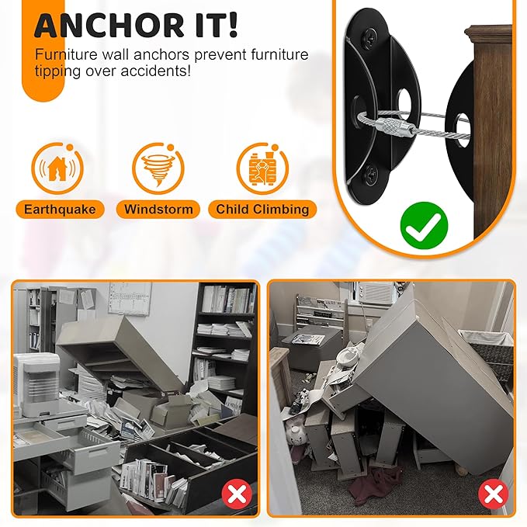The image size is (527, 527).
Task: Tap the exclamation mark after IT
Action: click(232, 25)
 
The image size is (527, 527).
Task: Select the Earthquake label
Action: click(61, 209)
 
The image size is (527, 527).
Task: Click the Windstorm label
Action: click(158, 209)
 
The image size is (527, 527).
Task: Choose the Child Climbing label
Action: click(262, 209)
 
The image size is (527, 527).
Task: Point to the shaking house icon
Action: click(57, 168)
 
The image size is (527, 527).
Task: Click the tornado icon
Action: click(158, 168)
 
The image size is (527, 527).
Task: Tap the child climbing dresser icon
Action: click(262, 168)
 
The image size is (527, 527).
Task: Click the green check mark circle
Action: click(424, 225)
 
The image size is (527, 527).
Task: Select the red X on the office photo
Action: click(237, 494)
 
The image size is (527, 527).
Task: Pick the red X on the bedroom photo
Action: click(493, 494)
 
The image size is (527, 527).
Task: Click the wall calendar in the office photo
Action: click(130, 299)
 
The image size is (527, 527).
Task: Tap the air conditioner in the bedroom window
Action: click(375, 293)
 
